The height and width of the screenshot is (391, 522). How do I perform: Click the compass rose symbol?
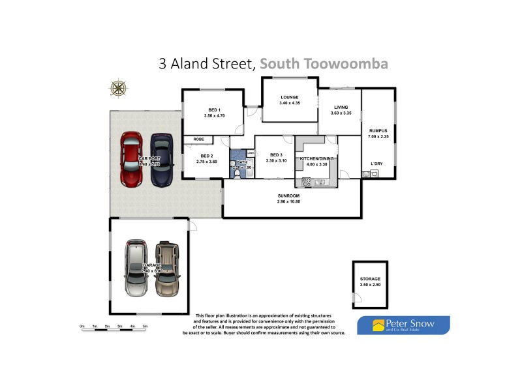coord(118,88)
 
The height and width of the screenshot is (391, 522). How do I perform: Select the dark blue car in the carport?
coord(162,158)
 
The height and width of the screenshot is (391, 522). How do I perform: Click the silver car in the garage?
coord(138,267)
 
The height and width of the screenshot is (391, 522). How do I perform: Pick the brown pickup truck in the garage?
coord(166,268)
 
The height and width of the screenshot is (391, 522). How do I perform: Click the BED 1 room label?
coord(214,109)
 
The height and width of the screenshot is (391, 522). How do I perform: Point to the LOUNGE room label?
coord(289,98)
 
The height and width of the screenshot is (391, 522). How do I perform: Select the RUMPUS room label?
coord(378,130)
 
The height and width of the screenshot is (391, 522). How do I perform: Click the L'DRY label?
coord(376,163)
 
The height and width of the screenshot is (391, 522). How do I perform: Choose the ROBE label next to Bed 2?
coord(199,139)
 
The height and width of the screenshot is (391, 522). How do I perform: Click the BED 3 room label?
coord(277,155)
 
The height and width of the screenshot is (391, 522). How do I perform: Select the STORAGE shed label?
coord(369,279)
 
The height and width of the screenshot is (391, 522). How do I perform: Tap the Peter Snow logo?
coord(403,325)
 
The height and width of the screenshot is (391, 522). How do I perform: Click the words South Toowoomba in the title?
coord(324,64)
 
